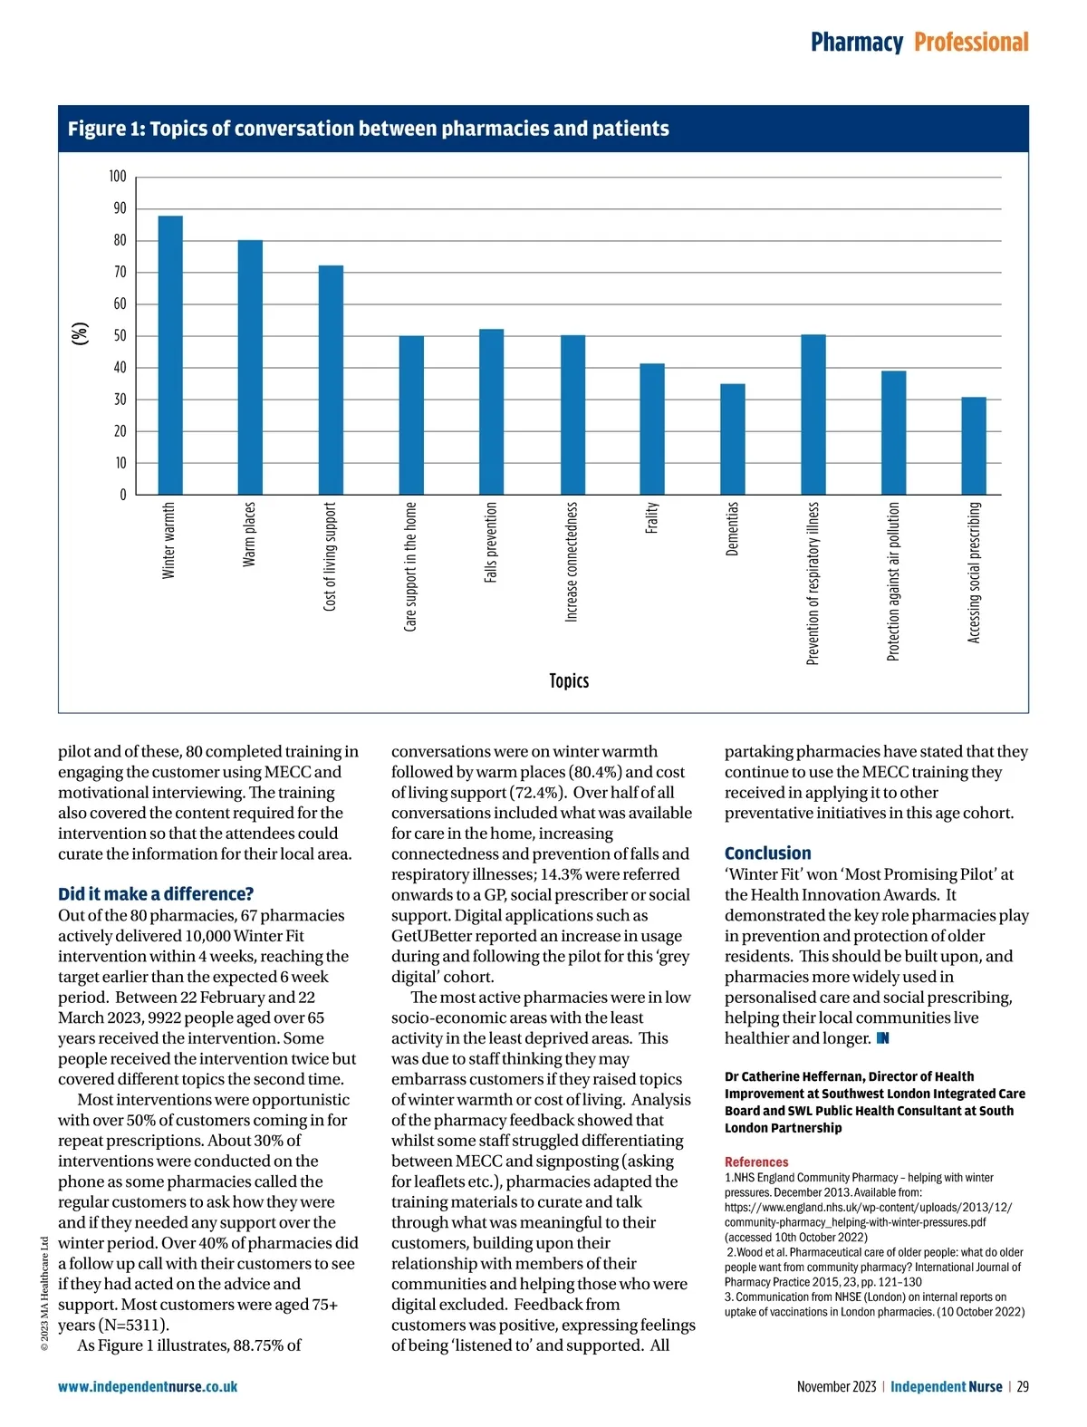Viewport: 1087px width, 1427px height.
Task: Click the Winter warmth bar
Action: [170, 355]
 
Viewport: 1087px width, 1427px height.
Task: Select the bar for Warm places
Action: [250, 367]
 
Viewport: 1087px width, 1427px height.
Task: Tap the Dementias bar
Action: [733, 439]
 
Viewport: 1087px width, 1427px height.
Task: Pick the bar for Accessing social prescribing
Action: [974, 446]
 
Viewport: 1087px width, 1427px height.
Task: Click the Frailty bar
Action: [652, 429]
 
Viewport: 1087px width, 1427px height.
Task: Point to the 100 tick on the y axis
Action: [118, 177]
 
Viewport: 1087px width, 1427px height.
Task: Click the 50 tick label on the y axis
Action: [120, 336]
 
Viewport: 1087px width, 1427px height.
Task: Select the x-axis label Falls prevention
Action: [491, 542]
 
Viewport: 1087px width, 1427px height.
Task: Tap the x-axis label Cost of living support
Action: [331, 556]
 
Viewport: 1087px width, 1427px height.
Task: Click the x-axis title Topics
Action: [569, 680]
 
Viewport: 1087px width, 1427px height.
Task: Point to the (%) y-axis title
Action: [82, 333]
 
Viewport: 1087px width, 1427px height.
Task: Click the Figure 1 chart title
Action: [368, 129]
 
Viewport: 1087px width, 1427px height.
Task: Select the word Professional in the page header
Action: [971, 43]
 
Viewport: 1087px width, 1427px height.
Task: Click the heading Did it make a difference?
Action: [156, 894]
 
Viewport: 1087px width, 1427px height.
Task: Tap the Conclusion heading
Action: [767, 853]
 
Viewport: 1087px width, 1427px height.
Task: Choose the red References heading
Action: [756, 1162]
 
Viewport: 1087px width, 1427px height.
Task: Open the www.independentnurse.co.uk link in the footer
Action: [148, 1386]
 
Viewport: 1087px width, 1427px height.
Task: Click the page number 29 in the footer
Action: [1022, 1386]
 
